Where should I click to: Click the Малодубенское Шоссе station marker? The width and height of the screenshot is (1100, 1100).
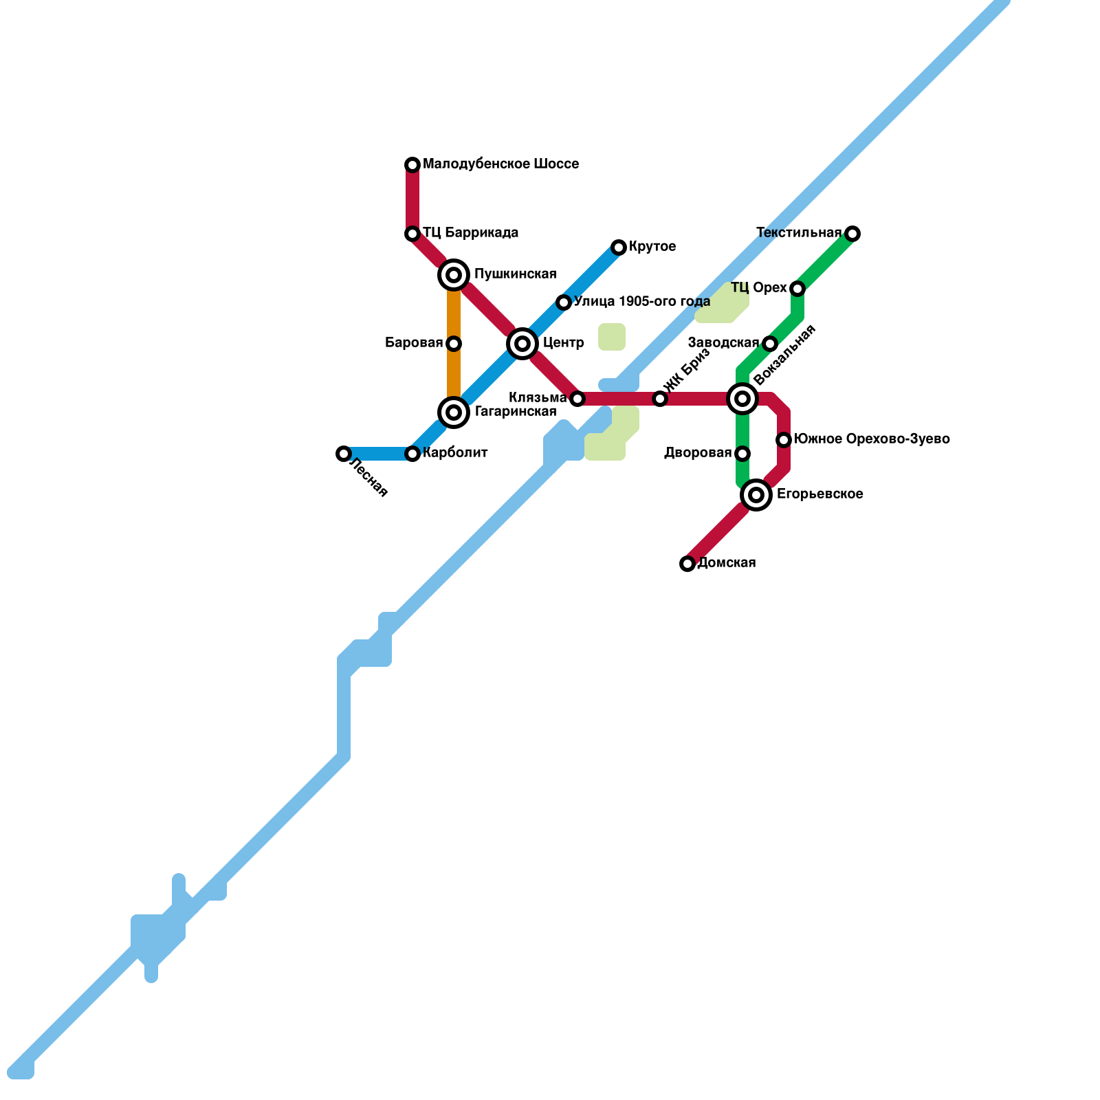pyautogui.click(x=412, y=165)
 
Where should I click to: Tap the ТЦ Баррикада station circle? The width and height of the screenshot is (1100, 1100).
pyautogui.click(x=412, y=234)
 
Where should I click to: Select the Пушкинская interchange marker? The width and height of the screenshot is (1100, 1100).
pyautogui.click(x=454, y=275)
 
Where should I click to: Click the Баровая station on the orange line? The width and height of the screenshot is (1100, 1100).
pyautogui.click(x=454, y=344)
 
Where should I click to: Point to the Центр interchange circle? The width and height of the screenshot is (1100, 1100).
pyautogui.click(x=522, y=344)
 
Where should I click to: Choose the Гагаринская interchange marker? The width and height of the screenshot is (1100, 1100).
pyautogui.click(x=454, y=412)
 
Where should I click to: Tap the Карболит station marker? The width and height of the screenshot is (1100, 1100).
pyautogui.click(x=412, y=454)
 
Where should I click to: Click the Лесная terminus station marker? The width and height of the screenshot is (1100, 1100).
pyautogui.click(x=344, y=454)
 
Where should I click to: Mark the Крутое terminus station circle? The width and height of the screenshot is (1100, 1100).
pyautogui.click(x=619, y=247)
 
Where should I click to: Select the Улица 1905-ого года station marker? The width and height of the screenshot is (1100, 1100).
pyautogui.click(x=564, y=302)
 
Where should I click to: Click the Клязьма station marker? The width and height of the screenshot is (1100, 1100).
pyautogui.click(x=577, y=399)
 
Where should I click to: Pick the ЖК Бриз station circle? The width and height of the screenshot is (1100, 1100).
pyautogui.click(x=660, y=399)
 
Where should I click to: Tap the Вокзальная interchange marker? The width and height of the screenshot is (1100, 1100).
pyautogui.click(x=742, y=399)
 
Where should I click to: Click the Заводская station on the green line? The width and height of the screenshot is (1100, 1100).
pyautogui.click(x=770, y=344)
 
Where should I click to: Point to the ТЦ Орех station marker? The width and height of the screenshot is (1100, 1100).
pyautogui.click(x=797, y=289)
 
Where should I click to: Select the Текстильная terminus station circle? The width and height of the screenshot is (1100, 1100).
pyautogui.click(x=852, y=234)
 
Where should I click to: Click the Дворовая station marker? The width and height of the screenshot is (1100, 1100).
pyautogui.click(x=742, y=454)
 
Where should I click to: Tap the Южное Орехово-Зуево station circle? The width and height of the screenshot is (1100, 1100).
pyautogui.click(x=784, y=440)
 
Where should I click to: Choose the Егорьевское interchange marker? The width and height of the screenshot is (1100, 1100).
pyautogui.click(x=756, y=495)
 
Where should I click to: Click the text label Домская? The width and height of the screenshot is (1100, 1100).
pyautogui.click(x=727, y=563)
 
